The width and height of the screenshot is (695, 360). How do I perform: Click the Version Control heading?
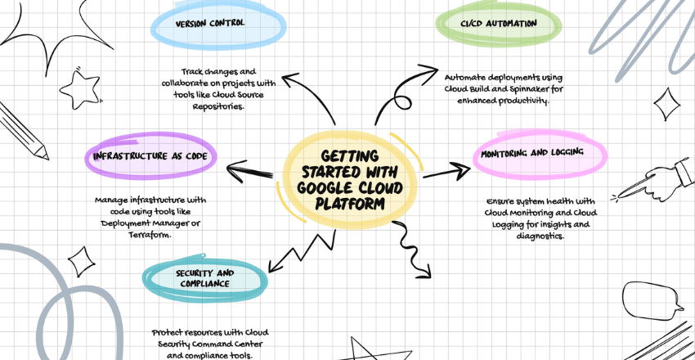pos(209,23)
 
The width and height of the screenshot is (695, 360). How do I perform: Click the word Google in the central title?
pos(316,187)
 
